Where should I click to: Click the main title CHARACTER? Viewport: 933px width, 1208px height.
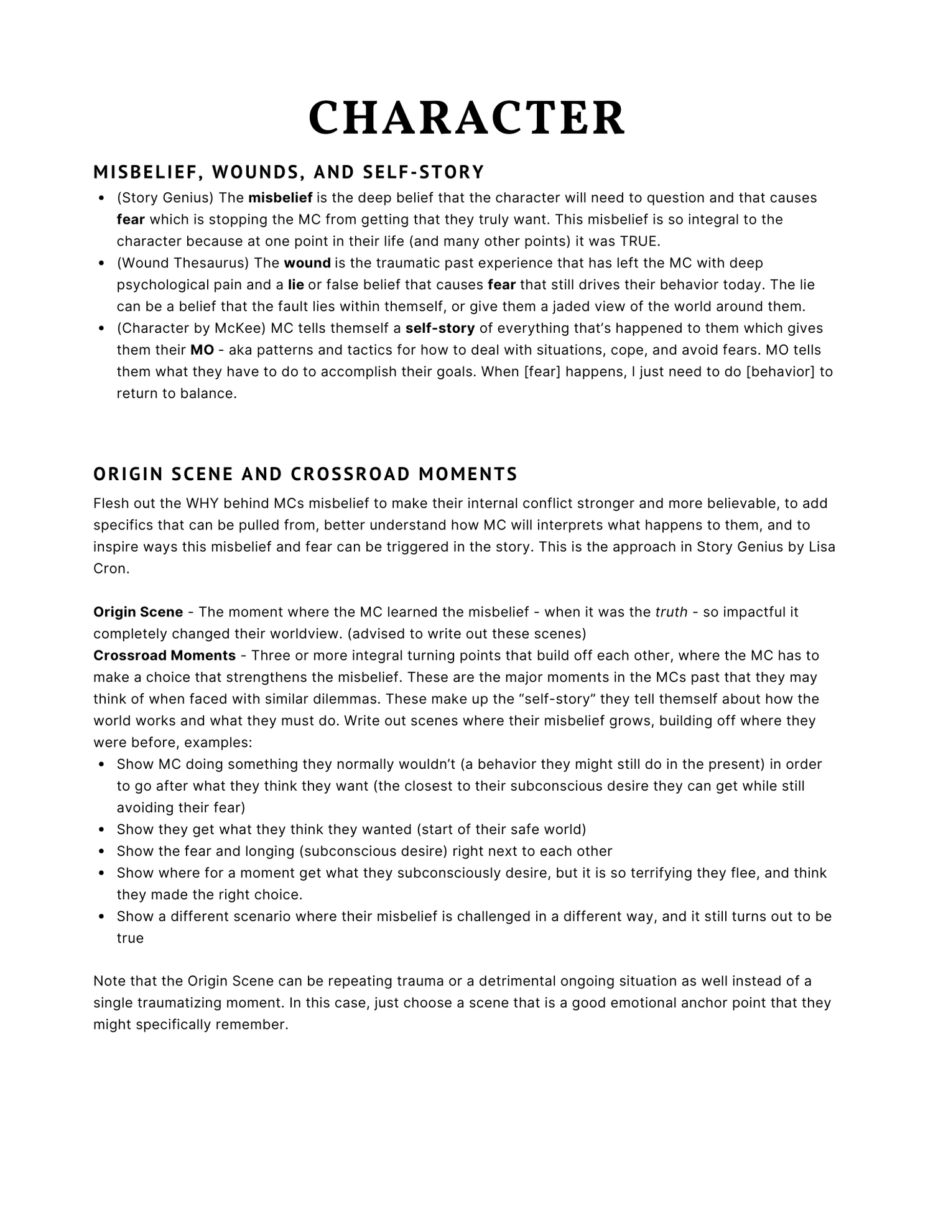point(466,118)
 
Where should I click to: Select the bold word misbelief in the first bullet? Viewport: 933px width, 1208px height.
point(280,198)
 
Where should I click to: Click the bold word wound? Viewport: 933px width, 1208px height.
point(307,263)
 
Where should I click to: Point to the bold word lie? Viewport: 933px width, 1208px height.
point(296,285)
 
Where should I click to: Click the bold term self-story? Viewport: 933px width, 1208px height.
point(440,328)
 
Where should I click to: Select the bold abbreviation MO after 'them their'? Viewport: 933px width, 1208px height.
point(202,350)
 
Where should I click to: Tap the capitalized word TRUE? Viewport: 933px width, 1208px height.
point(639,241)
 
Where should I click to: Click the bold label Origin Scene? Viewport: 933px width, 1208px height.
point(138,612)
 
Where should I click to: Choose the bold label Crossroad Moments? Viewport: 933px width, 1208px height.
point(164,656)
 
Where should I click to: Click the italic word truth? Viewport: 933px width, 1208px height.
point(671,612)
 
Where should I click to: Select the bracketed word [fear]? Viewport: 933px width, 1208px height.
point(541,372)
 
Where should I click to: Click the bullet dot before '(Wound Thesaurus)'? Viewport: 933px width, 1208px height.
point(101,264)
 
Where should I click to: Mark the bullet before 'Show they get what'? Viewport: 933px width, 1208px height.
point(101,830)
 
